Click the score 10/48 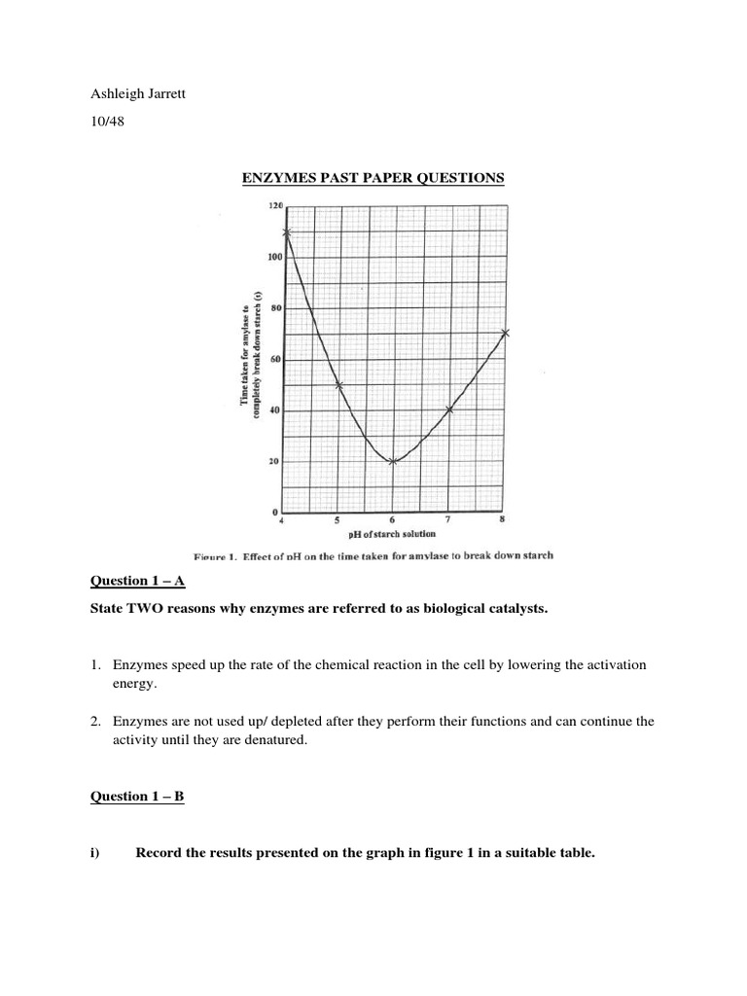click(x=106, y=122)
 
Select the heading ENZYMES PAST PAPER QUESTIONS click(x=373, y=178)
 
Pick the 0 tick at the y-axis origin click(x=276, y=512)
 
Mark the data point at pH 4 click(x=286, y=232)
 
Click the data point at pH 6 click(x=393, y=461)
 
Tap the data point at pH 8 click(x=505, y=334)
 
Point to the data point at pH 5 click(x=339, y=385)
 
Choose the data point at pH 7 click(x=449, y=409)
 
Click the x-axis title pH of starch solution click(x=393, y=534)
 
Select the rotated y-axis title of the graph click(x=250, y=356)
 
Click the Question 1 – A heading click(x=137, y=582)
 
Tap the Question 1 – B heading click(x=137, y=797)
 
